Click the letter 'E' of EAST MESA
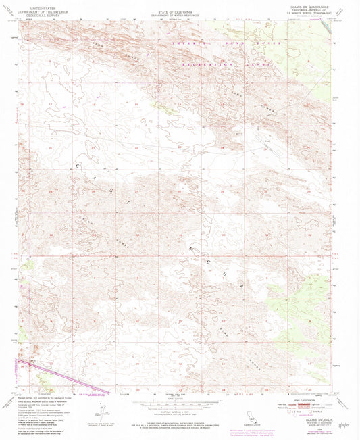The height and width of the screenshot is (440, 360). click(x=80, y=164)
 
